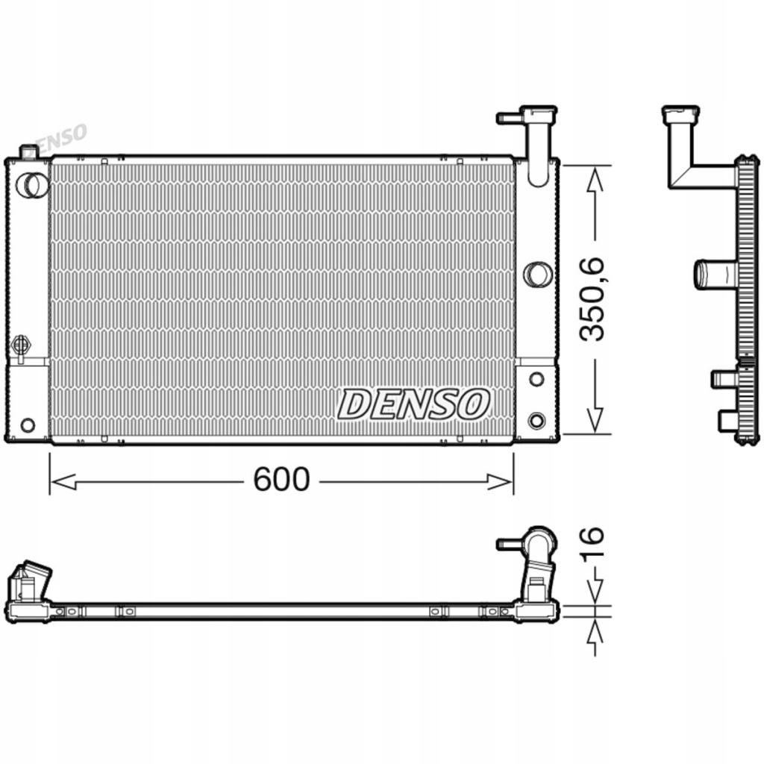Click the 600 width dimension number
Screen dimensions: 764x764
click(281, 480)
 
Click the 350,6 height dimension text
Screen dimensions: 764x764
click(595, 298)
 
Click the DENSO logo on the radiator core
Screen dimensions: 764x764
click(414, 404)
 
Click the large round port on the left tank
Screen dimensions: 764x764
click(31, 185)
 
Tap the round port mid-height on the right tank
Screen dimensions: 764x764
click(536, 275)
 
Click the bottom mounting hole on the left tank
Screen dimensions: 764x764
click(28, 425)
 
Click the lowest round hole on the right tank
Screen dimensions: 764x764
click(536, 420)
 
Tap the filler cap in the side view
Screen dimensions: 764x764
click(680, 114)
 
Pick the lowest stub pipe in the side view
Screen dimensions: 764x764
click(727, 421)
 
